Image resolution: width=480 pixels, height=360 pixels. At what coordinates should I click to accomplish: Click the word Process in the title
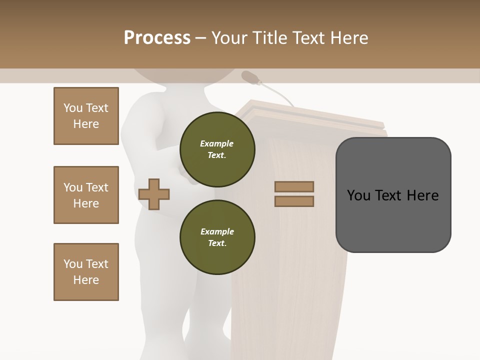click(x=157, y=38)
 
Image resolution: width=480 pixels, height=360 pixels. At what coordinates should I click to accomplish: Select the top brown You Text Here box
click(x=86, y=116)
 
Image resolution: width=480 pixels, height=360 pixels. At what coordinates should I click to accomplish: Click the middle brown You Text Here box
click(x=86, y=195)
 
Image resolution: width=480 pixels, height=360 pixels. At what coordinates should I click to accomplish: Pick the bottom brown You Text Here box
click(x=86, y=272)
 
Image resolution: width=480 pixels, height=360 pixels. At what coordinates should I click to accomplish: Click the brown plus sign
click(x=154, y=194)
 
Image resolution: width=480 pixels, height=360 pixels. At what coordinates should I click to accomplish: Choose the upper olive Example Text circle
click(x=217, y=149)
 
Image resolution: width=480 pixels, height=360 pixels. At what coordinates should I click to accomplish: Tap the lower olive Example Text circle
click(x=217, y=237)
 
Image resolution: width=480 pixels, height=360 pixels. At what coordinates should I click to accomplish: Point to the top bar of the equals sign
click(x=294, y=186)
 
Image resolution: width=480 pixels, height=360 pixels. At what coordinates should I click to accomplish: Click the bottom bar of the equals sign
click(x=294, y=201)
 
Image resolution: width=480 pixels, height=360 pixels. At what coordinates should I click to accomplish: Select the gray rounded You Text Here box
click(x=393, y=195)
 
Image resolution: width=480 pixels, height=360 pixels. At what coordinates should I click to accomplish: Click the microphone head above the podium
click(x=250, y=77)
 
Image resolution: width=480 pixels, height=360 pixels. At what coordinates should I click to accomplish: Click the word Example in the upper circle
click(x=217, y=143)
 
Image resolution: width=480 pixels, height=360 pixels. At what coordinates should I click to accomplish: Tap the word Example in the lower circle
click(x=217, y=231)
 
